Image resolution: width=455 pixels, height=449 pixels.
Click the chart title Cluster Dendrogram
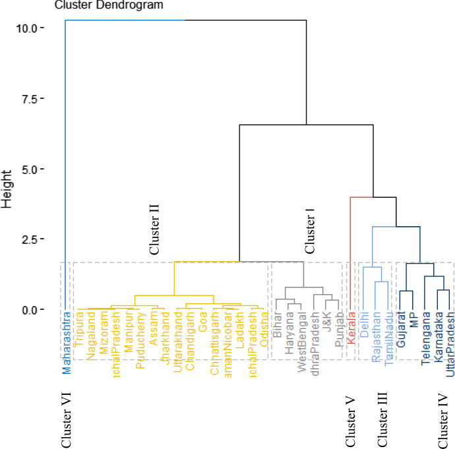[109, 5]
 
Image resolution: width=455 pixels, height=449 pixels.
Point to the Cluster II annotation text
[154, 229]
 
